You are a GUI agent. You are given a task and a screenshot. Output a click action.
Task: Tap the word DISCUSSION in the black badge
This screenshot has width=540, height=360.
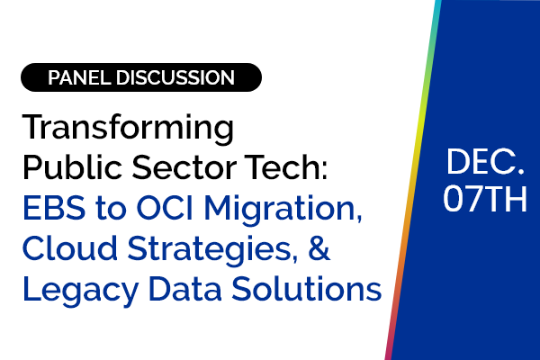(x=175, y=77)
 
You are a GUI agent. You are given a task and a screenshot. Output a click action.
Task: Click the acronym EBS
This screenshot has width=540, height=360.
(x=54, y=208)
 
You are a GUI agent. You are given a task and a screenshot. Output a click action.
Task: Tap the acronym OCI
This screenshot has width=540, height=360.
(x=166, y=208)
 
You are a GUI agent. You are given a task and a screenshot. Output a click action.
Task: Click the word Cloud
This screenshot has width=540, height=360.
(x=70, y=247)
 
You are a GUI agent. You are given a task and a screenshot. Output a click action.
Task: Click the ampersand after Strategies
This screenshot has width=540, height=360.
(x=319, y=247)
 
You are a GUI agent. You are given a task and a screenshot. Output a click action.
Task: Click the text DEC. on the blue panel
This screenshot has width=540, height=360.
(x=486, y=162)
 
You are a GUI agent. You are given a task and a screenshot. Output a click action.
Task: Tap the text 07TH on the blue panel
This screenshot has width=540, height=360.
(x=485, y=199)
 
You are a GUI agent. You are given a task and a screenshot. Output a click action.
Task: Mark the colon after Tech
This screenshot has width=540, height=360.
(x=323, y=170)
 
